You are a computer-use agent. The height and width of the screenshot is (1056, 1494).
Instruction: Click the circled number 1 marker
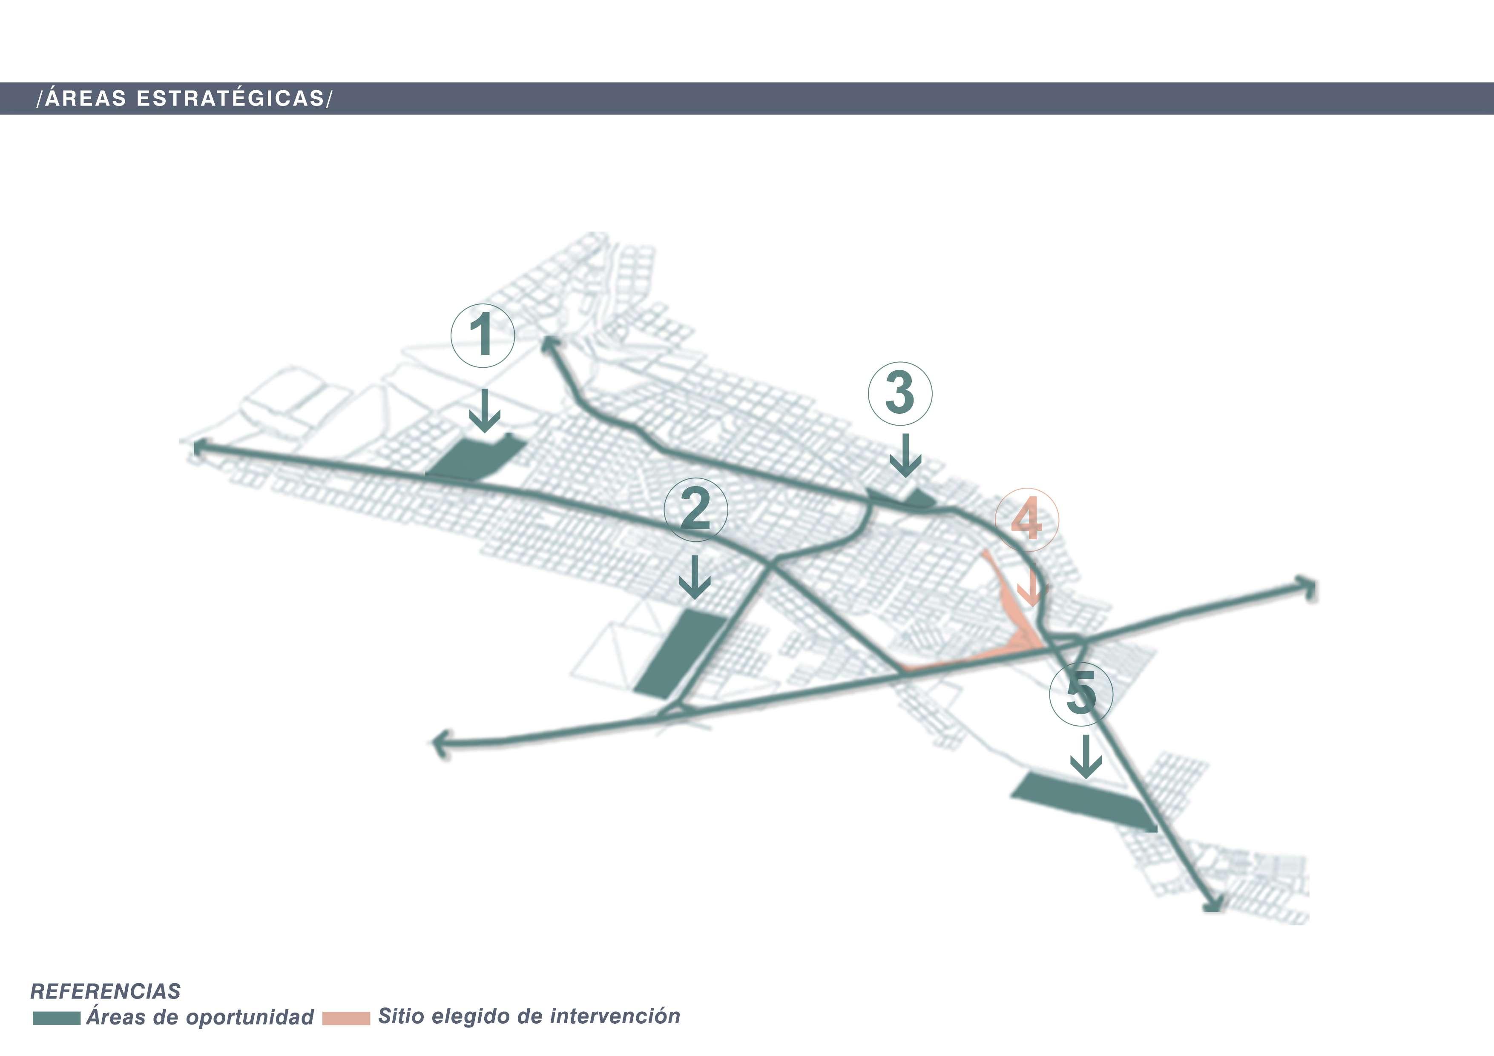pos(483,335)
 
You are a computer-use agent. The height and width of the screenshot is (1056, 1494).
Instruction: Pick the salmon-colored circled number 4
pos(1027,520)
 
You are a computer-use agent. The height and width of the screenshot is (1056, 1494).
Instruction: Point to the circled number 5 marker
pos(1081,693)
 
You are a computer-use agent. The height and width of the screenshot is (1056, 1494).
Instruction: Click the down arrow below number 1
pos(485,411)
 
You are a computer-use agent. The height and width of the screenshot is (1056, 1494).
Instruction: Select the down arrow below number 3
pos(905,455)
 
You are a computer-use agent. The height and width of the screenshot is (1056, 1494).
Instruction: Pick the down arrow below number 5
pos(1085,756)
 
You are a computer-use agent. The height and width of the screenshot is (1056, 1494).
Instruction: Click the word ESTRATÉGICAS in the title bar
pos(230,98)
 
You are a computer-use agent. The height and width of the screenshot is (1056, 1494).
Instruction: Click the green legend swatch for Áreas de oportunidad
pos(57,1018)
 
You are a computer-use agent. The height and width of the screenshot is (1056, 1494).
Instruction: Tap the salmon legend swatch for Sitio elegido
pos(346,1018)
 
